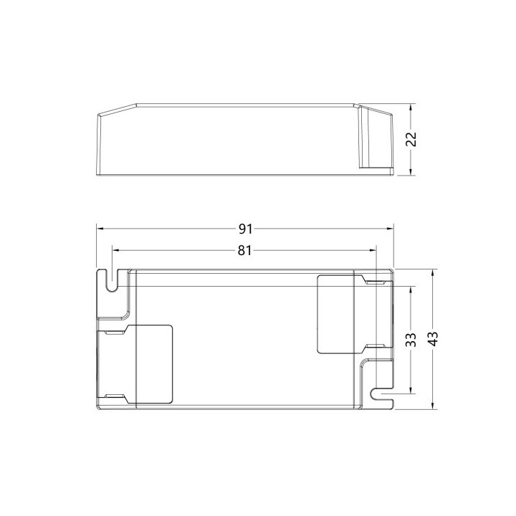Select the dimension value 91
[246, 229]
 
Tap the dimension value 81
[244, 250]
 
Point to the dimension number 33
[411, 340]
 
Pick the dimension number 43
[431, 339]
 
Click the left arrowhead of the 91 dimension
[100, 229]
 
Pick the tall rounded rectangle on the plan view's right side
[337, 314]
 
